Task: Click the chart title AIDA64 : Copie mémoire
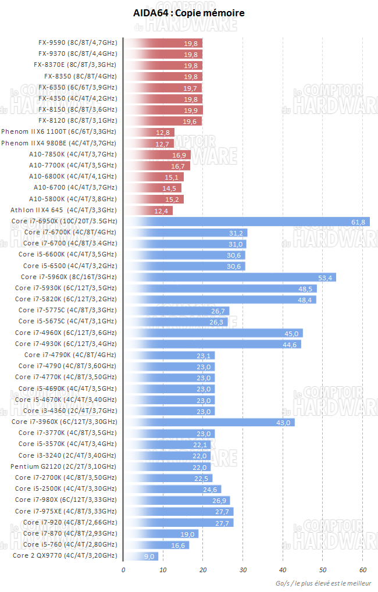pos(189,13)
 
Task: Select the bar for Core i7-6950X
pos(247,222)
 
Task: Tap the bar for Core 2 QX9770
pos(141,556)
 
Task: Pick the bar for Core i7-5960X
pos(230,277)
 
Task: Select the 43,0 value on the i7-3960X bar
pos(283,422)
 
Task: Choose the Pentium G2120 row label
pos(63,467)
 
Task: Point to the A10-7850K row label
pos(73,155)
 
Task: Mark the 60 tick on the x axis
pos(362,569)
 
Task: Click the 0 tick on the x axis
pos(123,569)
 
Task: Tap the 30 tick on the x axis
pos(243,569)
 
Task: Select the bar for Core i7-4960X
pos(213,333)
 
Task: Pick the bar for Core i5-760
pos(156,545)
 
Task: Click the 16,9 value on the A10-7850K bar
pos(179,155)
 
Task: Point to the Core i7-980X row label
pos(66,500)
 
